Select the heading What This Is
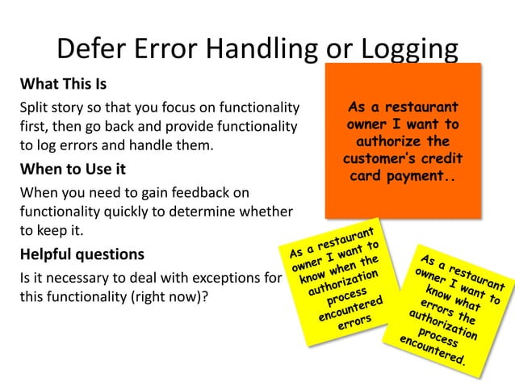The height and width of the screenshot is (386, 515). click(63, 84)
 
